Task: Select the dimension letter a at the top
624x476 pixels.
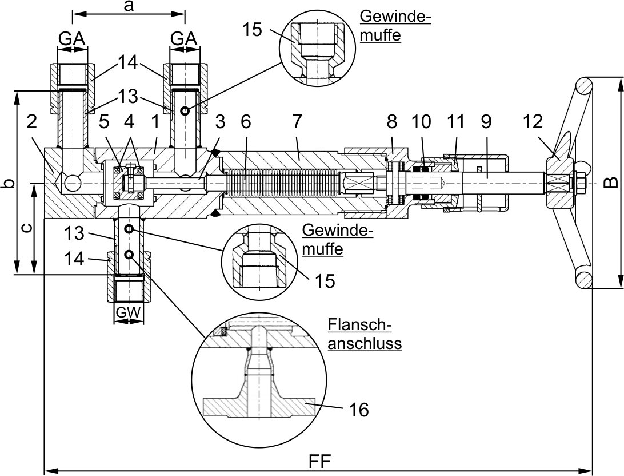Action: coord(128,7)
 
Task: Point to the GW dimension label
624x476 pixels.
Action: coord(128,312)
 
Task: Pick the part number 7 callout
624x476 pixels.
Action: coord(297,121)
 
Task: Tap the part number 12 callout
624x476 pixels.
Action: coord(533,121)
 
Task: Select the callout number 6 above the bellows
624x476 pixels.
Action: coord(246,121)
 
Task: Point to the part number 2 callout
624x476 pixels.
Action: coord(32,121)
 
